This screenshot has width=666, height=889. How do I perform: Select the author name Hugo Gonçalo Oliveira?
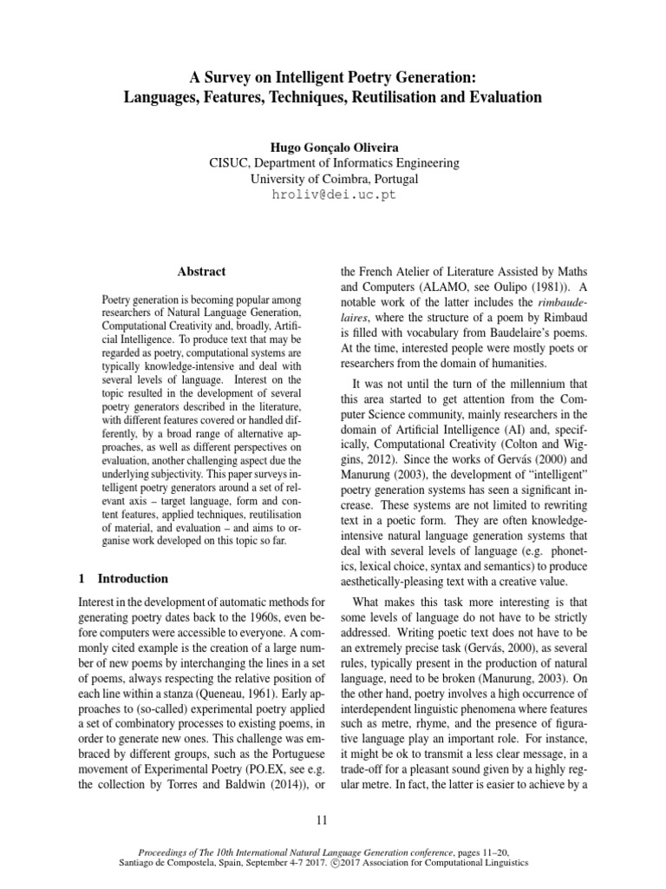coord(334,146)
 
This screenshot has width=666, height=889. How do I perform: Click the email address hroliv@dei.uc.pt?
coord(334,194)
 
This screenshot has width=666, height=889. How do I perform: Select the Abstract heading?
coord(201,272)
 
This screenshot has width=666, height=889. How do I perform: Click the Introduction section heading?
coord(133,578)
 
